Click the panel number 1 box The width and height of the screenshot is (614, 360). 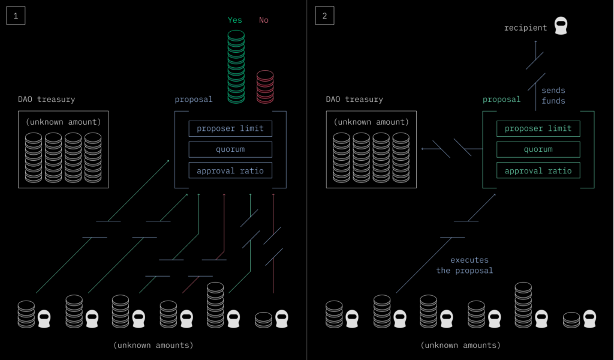click(16, 16)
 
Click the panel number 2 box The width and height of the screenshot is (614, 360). click(324, 16)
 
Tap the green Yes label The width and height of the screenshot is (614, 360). click(235, 20)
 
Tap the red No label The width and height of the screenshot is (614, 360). click(264, 20)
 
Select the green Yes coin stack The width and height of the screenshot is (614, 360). click(236, 66)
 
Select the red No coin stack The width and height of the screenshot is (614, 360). click(264, 87)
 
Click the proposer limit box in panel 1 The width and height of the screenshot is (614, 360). click(230, 128)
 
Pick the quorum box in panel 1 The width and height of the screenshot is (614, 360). click(230, 149)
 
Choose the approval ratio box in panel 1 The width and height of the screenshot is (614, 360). click(230, 170)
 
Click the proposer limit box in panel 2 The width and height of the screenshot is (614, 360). click(538, 128)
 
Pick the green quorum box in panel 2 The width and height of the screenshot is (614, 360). click(538, 149)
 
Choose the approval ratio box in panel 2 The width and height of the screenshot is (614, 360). click(538, 170)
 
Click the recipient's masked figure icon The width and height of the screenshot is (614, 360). click(561, 26)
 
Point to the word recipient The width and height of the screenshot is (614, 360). click(525, 28)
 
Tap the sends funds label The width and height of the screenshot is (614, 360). click(553, 96)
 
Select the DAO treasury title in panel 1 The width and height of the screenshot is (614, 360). click(46, 99)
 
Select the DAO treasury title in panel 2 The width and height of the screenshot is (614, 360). click(354, 99)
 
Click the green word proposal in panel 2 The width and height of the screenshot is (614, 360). click(501, 99)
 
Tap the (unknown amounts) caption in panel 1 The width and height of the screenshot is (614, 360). click(153, 345)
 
